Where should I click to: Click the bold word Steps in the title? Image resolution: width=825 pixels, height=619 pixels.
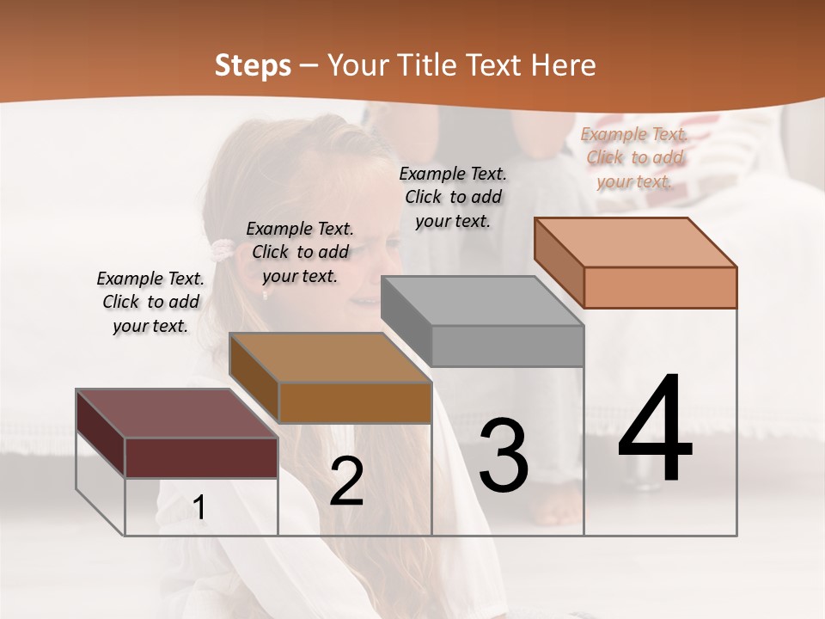click(253, 65)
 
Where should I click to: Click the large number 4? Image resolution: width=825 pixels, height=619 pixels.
click(655, 430)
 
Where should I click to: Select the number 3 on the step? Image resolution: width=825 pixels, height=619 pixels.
click(504, 456)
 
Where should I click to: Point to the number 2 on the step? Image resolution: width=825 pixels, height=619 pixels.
click(346, 481)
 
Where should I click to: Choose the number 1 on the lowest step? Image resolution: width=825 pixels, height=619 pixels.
click(199, 508)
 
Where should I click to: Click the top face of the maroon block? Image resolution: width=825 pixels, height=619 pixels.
click(176, 414)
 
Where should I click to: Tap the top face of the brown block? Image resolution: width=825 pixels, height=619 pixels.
click(330, 358)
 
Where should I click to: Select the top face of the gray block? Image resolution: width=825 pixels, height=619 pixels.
click(482, 301)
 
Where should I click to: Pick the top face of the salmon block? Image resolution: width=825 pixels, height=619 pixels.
click(635, 242)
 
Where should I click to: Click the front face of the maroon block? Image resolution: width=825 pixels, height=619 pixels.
click(201, 457)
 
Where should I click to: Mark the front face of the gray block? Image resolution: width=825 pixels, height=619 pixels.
click(507, 346)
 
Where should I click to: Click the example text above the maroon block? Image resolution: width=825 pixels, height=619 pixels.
click(150, 302)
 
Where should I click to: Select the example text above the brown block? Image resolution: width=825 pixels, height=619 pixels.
click(300, 252)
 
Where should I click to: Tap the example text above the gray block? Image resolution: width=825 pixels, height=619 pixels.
click(453, 197)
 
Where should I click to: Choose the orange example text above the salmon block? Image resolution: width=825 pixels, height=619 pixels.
click(634, 157)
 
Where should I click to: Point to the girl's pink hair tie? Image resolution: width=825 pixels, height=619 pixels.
click(222, 250)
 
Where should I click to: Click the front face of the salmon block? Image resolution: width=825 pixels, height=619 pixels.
click(660, 287)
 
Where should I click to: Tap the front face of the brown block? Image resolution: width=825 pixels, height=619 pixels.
click(355, 402)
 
